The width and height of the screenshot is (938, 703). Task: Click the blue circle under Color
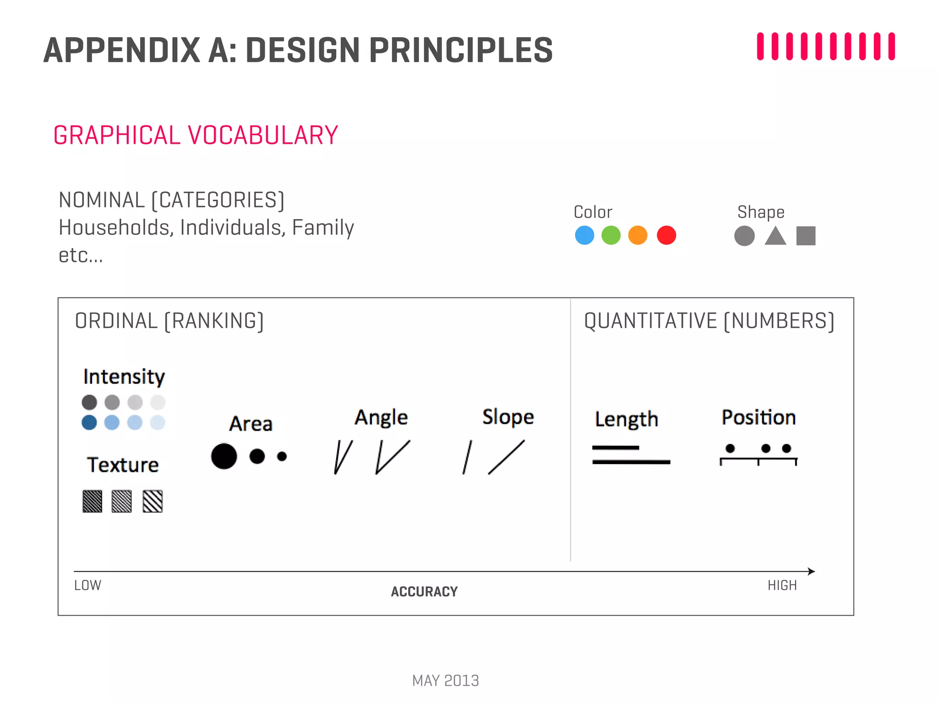584,235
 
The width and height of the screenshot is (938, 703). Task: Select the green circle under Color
611,235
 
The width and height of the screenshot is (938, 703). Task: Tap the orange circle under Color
638,235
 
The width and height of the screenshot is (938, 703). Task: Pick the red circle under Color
666,235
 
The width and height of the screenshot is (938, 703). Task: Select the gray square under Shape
806,236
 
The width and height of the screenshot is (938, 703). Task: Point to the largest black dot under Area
224,456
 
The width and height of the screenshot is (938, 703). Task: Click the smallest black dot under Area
282,456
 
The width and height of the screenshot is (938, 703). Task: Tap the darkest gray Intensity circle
89,402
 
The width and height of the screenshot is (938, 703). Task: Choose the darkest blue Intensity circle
89,422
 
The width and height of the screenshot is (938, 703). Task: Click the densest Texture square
92,501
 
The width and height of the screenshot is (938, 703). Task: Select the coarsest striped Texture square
153,501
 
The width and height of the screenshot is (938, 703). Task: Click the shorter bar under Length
615,448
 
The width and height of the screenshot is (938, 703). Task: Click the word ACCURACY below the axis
424,592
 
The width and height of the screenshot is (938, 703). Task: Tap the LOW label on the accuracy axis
87,585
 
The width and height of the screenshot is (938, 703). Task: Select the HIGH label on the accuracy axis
782,585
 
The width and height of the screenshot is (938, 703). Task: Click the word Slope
508,417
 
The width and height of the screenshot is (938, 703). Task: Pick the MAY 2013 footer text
445,681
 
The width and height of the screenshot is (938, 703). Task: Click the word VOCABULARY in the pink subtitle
263,135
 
